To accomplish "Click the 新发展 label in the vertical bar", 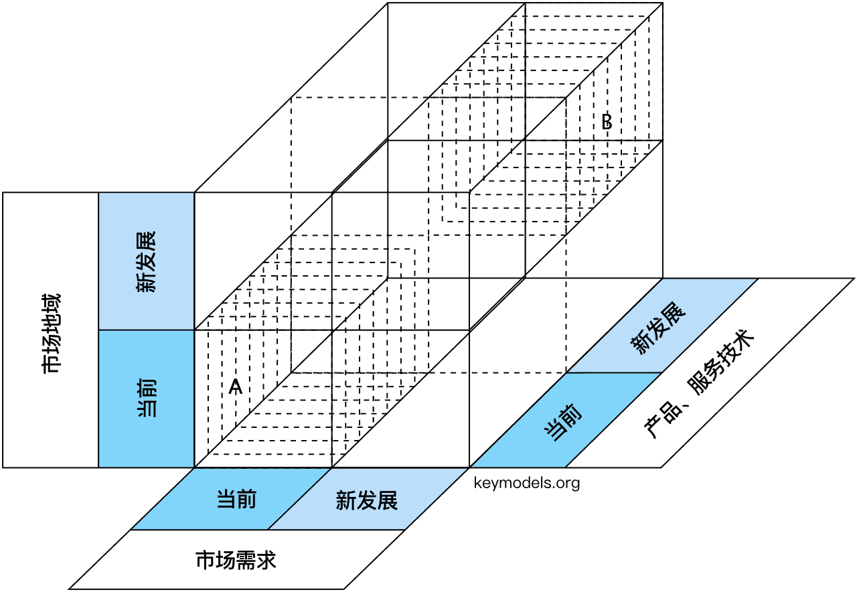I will pyautogui.click(x=146, y=262).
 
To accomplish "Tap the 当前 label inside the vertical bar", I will pyautogui.click(x=147, y=398).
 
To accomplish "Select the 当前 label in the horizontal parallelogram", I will pyautogui.click(x=236, y=500).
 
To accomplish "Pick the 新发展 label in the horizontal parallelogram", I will pyautogui.click(x=367, y=500).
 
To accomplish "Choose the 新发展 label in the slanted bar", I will pyautogui.click(x=659, y=328).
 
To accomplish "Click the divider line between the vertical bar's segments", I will pyautogui.click(x=146, y=330).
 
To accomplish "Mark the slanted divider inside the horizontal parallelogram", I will pyautogui.click(x=299, y=499).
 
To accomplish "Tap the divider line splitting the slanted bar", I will pyautogui.click(x=615, y=372).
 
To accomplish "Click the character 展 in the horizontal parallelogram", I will pyautogui.click(x=388, y=500).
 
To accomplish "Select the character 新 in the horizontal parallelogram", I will pyautogui.click(x=345, y=500).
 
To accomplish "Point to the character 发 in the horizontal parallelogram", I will pyautogui.click(x=367, y=500).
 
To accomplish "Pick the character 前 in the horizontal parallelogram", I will pyautogui.click(x=246, y=500).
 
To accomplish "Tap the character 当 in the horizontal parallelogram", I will pyautogui.click(x=226, y=500).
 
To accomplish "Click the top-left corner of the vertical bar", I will pyautogui.click(x=100, y=194).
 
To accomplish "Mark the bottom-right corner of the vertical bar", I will pyautogui.click(x=193, y=466).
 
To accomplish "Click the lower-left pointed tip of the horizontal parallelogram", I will pyautogui.click(x=133, y=528).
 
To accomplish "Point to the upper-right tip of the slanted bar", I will pyautogui.click(x=755, y=280).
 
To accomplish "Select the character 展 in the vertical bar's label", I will pyautogui.click(x=146, y=240).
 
